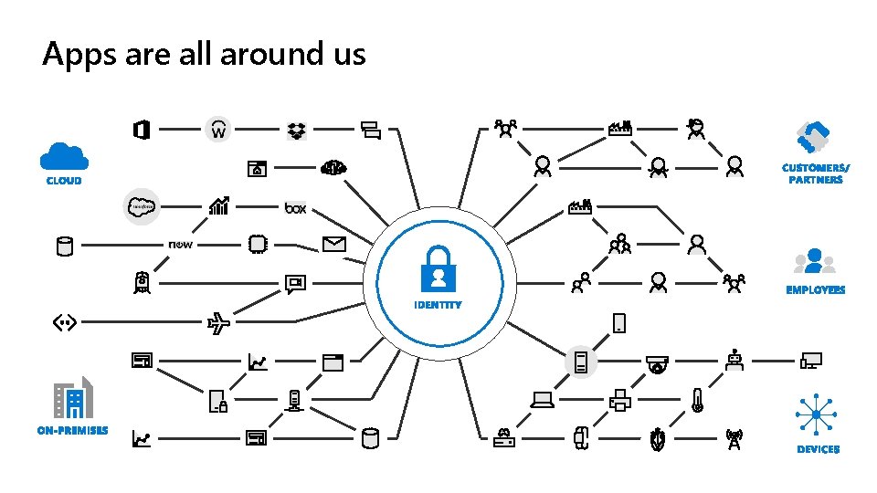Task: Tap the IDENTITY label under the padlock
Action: coord(438,305)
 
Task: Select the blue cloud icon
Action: coord(64,156)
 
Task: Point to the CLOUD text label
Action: coord(64,181)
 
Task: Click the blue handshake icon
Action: coord(812,138)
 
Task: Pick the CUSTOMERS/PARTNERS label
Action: coord(815,173)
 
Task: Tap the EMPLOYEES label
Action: coord(815,290)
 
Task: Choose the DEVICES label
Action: coord(818,449)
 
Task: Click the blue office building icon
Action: coord(73,399)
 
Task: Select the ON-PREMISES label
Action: coord(72,430)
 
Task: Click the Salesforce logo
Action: coord(143,207)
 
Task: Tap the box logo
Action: coord(295,208)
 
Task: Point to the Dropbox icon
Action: coord(296,131)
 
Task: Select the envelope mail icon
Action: coord(333,244)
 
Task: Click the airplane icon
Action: coord(219,322)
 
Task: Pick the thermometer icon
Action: coord(697,400)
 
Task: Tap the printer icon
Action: coord(618,400)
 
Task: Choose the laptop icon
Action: coord(543,400)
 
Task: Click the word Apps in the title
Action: coord(75,55)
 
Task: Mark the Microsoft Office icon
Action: coord(141,131)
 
